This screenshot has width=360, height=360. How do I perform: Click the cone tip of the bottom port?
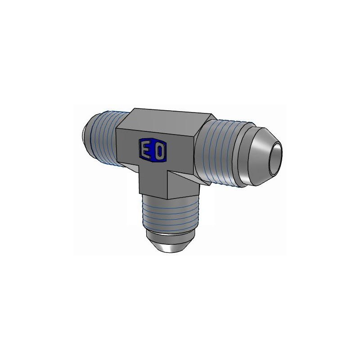[171, 245]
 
